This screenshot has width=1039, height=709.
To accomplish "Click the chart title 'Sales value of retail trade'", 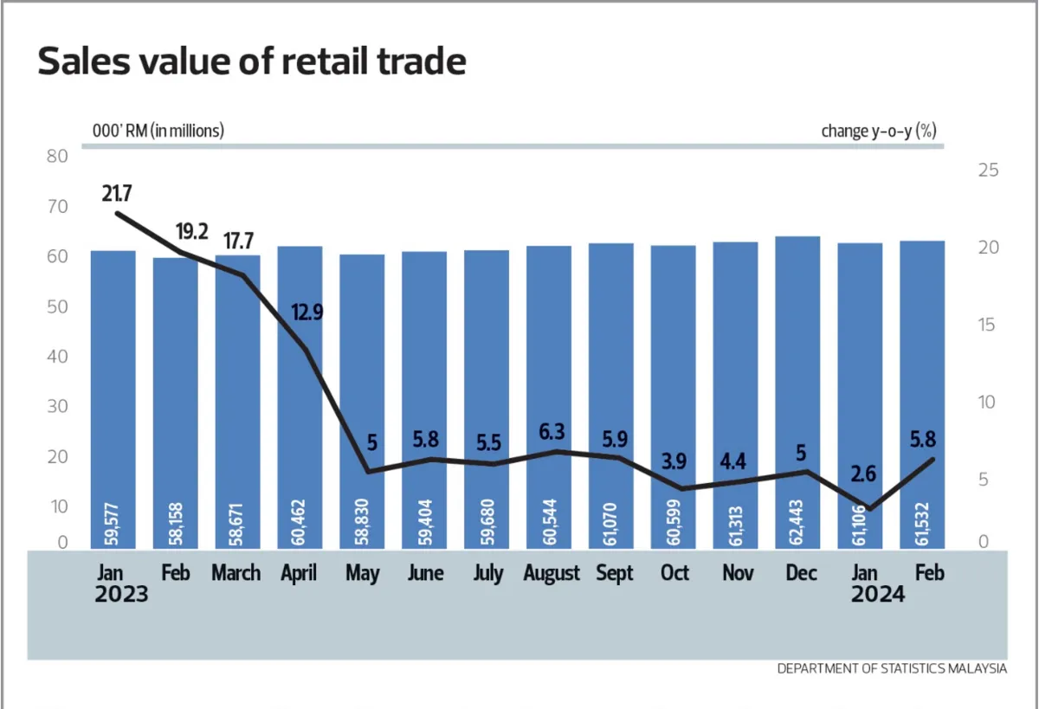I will (x=252, y=62).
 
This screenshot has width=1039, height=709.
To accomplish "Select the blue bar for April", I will (x=300, y=390).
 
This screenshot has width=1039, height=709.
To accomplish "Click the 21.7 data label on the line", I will (x=117, y=193).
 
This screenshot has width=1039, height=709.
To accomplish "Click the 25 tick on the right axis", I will (x=987, y=170).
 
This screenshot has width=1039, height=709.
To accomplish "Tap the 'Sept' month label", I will (x=615, y=573).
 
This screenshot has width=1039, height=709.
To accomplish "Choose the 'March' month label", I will (x=236, y=573).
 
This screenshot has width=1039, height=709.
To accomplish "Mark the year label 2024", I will (x=877, y=596).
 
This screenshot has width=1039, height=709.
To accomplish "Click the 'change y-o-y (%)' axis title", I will (x=879, y=132).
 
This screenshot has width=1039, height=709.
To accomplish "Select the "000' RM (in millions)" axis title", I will (x=158, y=132).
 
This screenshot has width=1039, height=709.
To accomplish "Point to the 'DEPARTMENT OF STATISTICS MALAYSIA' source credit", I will (x=892, y=668).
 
